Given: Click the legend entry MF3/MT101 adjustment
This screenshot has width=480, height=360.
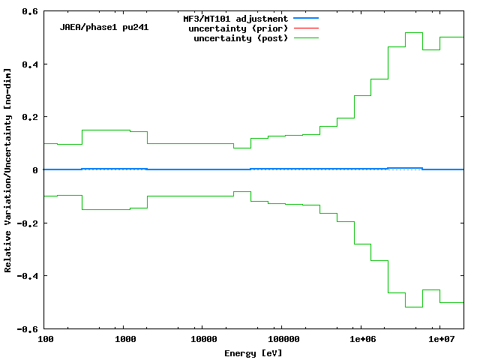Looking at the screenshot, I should pos(235,18).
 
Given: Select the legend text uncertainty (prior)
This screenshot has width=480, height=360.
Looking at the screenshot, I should pos(238,28).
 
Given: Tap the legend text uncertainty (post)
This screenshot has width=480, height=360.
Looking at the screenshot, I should pos(241,38).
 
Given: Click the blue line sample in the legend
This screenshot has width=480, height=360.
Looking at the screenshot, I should pos(306,18).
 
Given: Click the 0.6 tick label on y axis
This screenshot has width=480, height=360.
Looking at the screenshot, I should pos(30,12).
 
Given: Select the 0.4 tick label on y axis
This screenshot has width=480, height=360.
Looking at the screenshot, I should pos(30,64).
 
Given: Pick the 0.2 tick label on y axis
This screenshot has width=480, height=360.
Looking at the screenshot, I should pos(30,117).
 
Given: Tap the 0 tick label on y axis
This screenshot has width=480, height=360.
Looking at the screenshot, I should pos(35,170).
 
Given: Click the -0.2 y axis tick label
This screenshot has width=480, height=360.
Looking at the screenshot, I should pos(28,223).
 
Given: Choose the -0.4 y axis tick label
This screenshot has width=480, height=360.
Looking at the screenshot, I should pos(28,276).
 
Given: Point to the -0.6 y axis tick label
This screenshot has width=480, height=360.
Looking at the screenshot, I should pos(28,328).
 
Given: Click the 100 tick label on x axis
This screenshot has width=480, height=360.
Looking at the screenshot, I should pos(46,340).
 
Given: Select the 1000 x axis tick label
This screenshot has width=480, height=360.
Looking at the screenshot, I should pos(125,340).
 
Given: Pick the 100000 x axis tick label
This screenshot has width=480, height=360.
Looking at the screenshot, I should pos(280,340).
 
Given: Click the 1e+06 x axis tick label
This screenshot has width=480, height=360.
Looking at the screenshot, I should pos(361,340).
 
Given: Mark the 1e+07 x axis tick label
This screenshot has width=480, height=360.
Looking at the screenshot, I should pos(439,340).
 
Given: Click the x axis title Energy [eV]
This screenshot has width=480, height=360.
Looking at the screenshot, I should pos(253,352).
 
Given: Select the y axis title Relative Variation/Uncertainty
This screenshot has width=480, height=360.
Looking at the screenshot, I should pos(8,170).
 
